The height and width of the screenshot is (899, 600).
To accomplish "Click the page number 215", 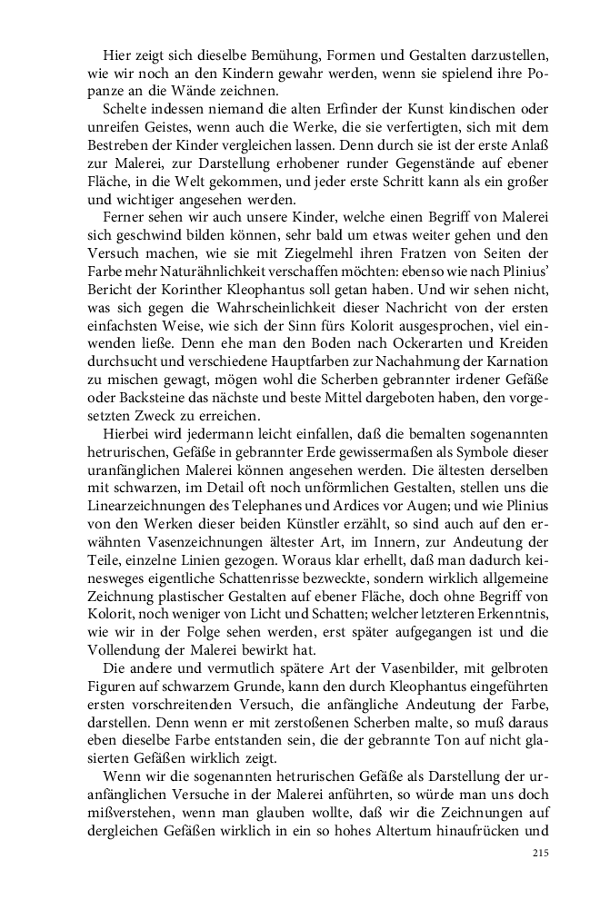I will pos(540,853).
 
